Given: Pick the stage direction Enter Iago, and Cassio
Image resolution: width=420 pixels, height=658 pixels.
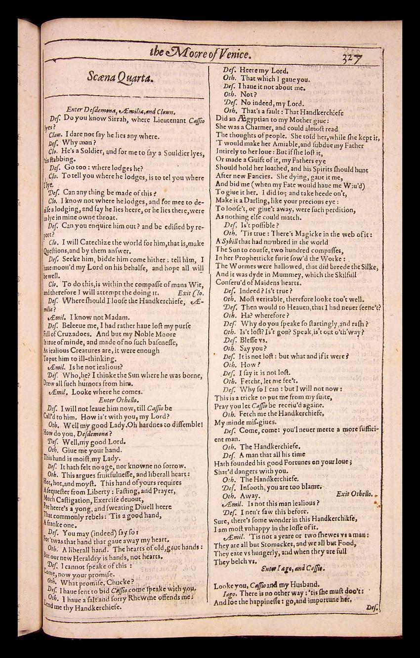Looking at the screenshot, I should tap(293, 568).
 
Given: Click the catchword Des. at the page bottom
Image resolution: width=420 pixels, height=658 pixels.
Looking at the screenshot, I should tap(373, 609).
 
